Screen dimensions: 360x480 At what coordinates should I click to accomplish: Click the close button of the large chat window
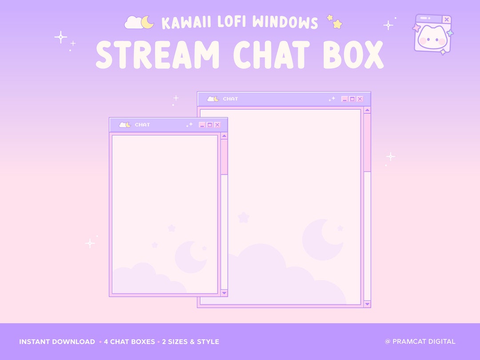(360, 99)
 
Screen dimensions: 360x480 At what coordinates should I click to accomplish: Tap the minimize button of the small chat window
(202, 125)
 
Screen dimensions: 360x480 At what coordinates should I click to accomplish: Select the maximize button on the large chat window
(352, 99)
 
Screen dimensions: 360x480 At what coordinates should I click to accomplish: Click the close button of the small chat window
(217, 125)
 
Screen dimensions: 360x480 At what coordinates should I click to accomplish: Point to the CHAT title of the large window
(230, 99)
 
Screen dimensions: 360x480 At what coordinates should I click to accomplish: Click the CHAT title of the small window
(142, 125)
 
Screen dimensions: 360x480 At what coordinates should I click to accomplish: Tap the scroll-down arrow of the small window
(224, 293)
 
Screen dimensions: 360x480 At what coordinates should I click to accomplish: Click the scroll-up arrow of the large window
(367, 110)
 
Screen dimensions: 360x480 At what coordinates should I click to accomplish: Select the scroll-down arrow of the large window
(367, 304)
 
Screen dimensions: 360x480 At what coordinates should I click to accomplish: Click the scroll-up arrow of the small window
(224, 136)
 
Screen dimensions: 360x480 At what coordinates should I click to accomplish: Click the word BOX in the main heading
(353, 56)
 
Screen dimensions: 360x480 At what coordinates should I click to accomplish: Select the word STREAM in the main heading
(158, 56)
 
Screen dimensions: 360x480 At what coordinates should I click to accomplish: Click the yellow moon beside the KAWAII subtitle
(148, 22)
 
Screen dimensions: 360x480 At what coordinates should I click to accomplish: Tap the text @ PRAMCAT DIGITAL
(420, 342)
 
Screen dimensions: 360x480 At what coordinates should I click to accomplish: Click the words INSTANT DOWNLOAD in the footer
(57, 342)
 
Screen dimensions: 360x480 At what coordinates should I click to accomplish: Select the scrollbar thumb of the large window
(367, 142)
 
